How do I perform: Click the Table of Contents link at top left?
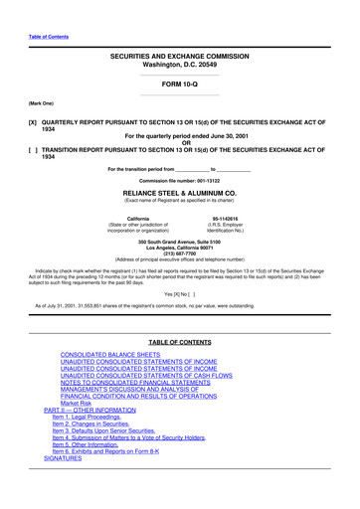pos(48,36)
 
